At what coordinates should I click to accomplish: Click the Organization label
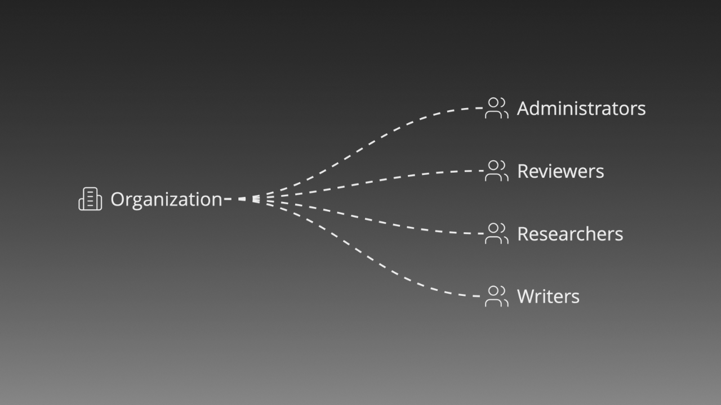[x=166, y=200]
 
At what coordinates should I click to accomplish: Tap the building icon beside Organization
[x=91, y=199]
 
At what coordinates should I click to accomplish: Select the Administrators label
[x=581, y=109]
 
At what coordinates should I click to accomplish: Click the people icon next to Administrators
[x=497, y=108]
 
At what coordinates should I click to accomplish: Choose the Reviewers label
[x=560, y=171]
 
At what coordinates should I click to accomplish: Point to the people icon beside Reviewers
[x=497, y=170]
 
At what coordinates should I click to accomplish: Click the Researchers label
[x=570, y=233]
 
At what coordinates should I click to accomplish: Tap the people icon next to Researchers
[x=497, y=233]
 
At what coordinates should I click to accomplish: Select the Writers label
[x=548, y=296]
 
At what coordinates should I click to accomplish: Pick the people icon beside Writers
[x=497, y=296]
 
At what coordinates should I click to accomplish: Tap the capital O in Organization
[x=118, y=199]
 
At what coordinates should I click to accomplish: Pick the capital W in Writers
[x=527, y=296]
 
